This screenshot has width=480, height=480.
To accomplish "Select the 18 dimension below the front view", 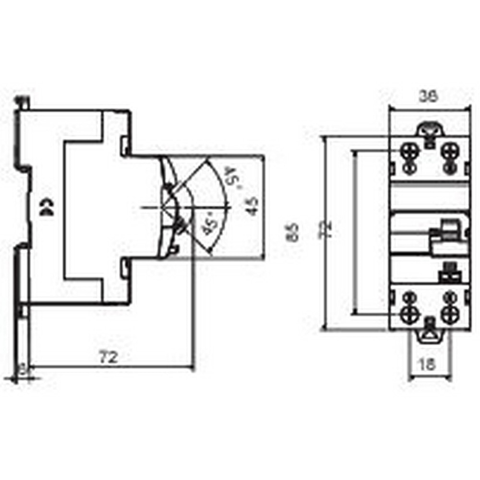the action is point(429,364).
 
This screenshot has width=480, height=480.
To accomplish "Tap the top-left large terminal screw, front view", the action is point(410,152).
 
